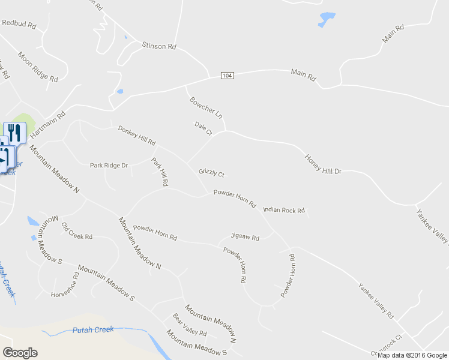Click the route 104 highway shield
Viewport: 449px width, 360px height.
pos(226,76)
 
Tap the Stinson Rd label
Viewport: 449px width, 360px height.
pos(158,46)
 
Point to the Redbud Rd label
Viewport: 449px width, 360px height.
pos(19,25)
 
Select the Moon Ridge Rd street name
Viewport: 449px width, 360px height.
pos(37,67)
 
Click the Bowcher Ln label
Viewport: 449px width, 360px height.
pos(206,107)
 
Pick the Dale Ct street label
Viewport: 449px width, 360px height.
pos(203,128)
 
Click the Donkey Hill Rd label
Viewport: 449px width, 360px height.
pos(137,136)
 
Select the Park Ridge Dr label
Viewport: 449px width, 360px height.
pos(109,165)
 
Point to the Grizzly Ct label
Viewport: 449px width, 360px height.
pos(211,173)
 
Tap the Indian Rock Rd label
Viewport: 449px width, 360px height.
pos(284,211)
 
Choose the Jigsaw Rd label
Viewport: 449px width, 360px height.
pos(245,238)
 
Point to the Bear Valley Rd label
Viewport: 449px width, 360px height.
pos(189,325)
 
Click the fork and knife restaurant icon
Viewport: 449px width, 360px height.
pos(14,131)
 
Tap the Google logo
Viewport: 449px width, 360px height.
pos(20,353)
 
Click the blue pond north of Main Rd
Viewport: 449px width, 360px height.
pos(327,19)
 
